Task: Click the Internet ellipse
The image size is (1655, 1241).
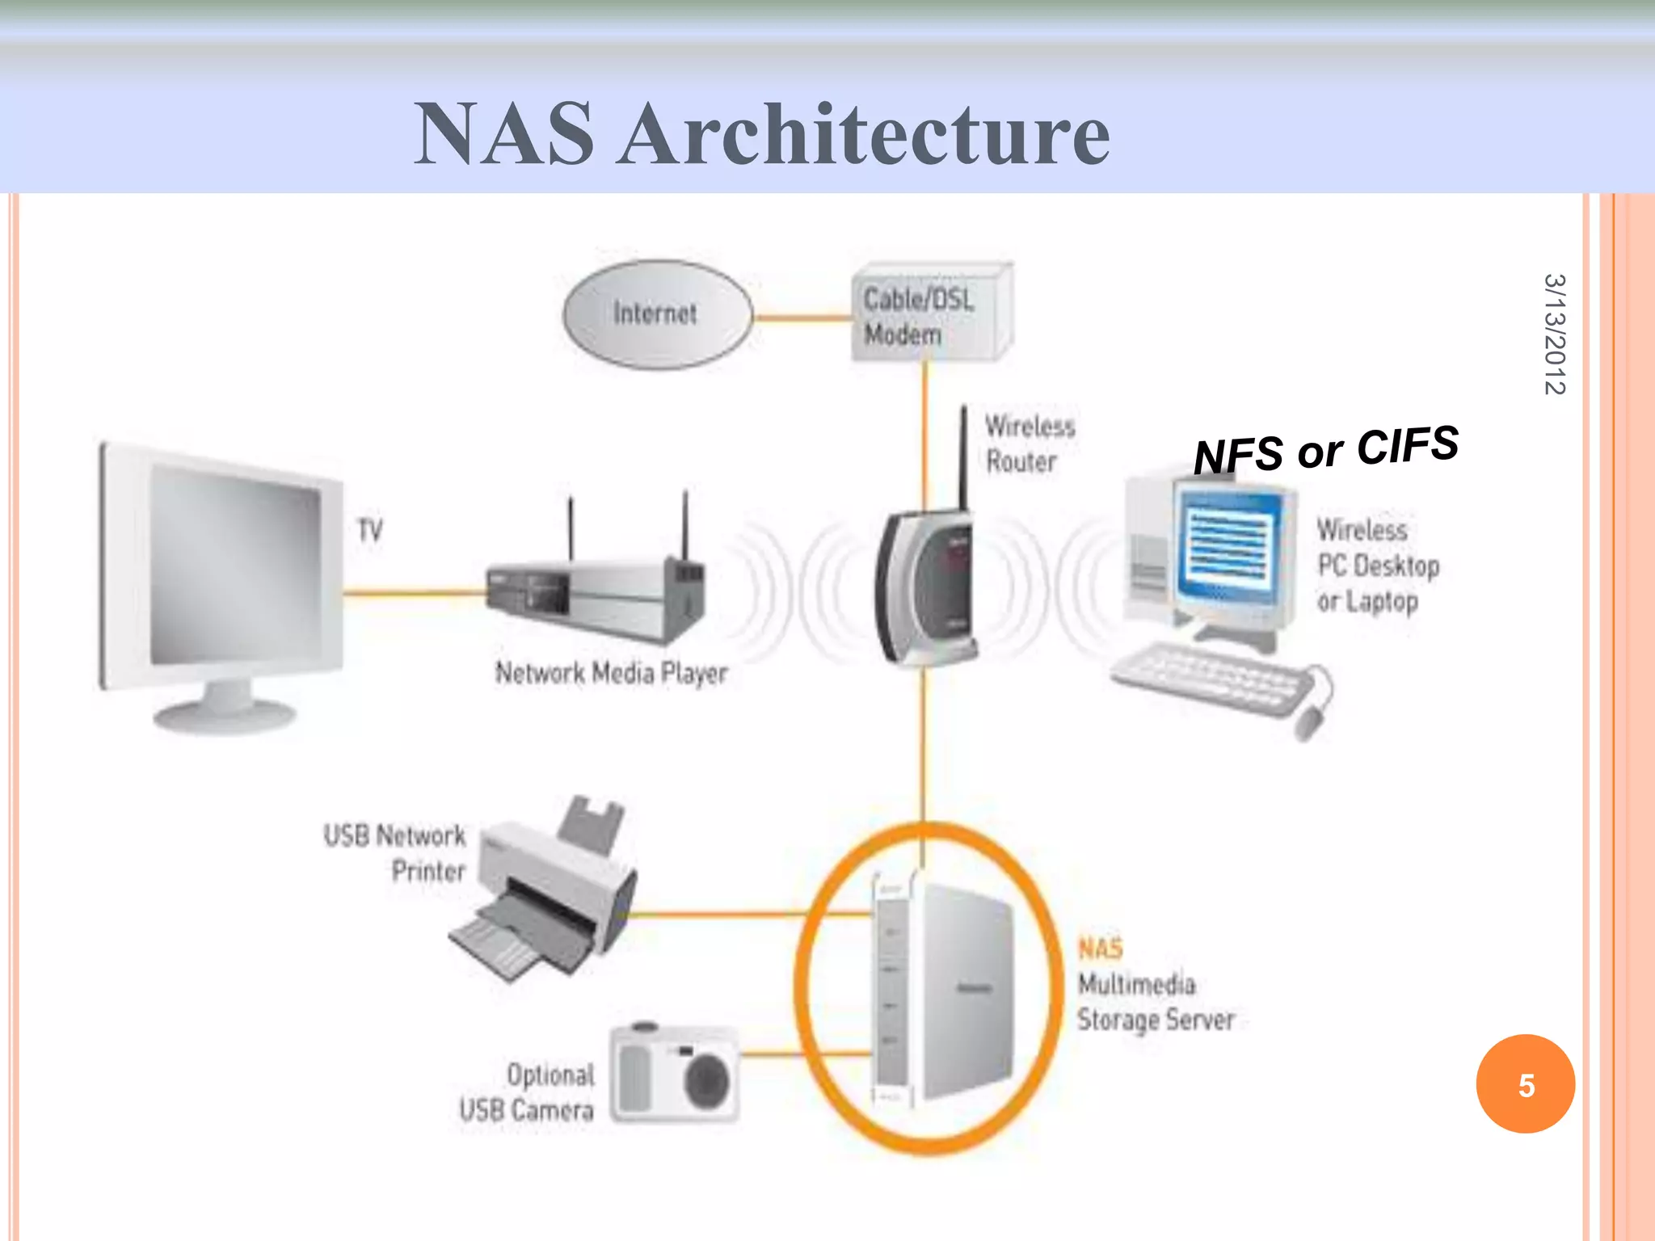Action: click(x=656, y=313)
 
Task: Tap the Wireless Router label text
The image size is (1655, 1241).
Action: click(x=1028, y=444)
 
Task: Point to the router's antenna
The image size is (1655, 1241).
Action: click(x=963, y=456)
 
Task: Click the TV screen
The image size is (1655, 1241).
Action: click(x=234, y=566)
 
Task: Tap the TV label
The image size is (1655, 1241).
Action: click(x=370, y=531)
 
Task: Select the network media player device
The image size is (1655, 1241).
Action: click(x=594, y=598)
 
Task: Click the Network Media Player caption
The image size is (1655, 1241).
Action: click(x=611, y=673)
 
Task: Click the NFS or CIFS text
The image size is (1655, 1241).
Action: click(x=1325, y=449)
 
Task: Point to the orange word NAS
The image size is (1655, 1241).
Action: click(x=1100, y=949)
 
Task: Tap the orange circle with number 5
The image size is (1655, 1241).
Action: click(x=1525, y=1084)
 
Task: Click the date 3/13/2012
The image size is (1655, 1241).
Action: click(x=1554, y=334)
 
